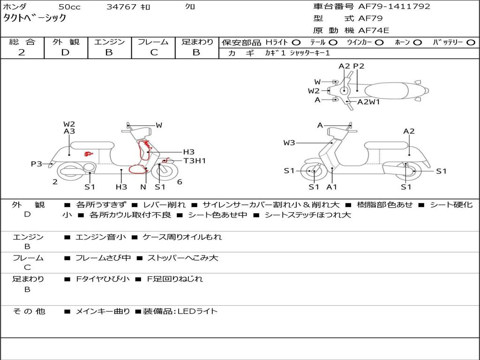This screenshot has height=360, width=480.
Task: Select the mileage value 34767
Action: [121, 7]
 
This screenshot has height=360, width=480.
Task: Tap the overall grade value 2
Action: [22, 52]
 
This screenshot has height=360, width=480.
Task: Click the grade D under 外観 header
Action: [65, 52]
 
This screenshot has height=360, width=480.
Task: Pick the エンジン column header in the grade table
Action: [109, 42]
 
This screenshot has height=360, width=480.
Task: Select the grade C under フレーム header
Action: [153, 52]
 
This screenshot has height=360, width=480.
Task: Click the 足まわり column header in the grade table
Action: [197, 42]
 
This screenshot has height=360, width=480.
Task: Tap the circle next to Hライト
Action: [296, 43]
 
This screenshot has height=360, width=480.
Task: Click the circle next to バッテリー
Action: [471, 43]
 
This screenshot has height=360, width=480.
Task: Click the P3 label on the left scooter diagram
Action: [37, 164]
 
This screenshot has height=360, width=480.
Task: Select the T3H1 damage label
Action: [195, 161]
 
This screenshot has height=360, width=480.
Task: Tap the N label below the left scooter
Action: [143, 187]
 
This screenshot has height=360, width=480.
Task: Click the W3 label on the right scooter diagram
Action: [289, 142]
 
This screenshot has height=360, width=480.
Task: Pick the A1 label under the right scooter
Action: [332, 187]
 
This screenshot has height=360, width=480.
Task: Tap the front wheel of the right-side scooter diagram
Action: [314, 172]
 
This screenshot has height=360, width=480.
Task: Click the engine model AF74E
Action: [374, 30]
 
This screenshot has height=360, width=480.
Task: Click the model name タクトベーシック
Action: [35, 18]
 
